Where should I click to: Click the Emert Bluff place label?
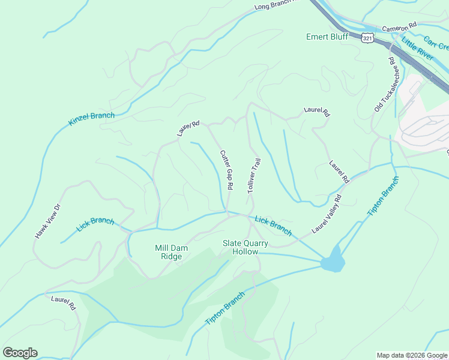pyautogui.click(x=327, y=37)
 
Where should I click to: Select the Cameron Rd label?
pyautogui.click(x=399, y=28)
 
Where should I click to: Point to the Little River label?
pyautogui.click(x=417, y=49)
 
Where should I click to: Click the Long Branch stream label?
pyautogui.click(x=276, y=5)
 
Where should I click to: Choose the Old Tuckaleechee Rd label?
pyautogui.click(x=384, y=85)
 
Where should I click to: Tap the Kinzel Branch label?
pyautogui.click(x=91, y=119)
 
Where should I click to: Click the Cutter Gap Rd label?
pyautogui.click(x=226, y=170)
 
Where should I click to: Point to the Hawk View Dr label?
pyautogui.click(x=48, y=221)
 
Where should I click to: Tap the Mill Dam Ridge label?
pyautogui.click(x=168, y=252)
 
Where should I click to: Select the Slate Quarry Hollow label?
pyautogui.click(x=245, y=247)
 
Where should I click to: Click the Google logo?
pyautogui.click(x=20, y=352)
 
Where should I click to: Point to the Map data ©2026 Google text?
pyautogui.click(x=412, y=355)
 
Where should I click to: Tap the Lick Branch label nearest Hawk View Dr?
pyautogui.click(x=95, y=225)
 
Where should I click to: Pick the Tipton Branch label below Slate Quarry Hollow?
pyautogui.click(x=225, y=308)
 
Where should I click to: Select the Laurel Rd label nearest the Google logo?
pyautogui.click(x=64, y=302)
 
